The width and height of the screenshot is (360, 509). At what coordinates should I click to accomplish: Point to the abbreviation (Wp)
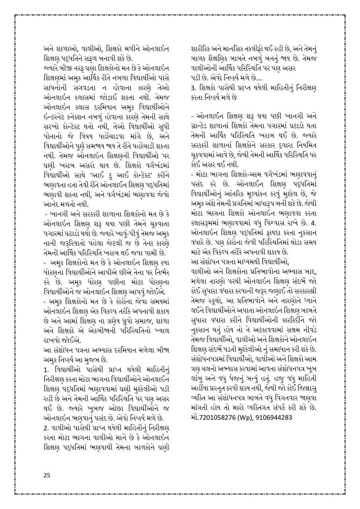(244, 417)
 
